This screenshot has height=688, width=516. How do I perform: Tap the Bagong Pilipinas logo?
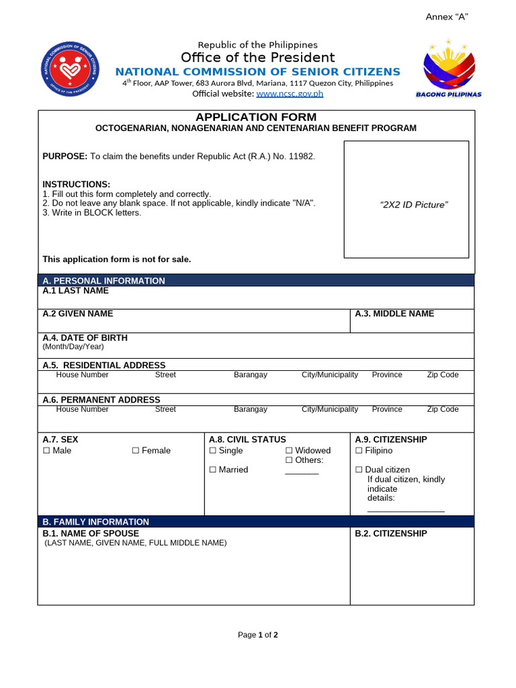(449, 69)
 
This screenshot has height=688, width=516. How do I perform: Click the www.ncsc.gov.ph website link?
(290, 93)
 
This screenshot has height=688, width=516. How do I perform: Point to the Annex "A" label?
(447, 17)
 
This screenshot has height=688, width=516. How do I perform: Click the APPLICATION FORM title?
(255, 118)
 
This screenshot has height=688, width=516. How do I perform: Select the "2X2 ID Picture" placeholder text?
(414, 205)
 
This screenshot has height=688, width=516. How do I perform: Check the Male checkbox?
(46, 451)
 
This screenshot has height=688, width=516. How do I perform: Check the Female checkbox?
(136, 451)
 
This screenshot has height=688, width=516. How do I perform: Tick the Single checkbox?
(213, 451)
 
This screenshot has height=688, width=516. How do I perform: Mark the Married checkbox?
(213, 470)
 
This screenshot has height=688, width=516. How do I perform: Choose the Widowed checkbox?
(289, 451)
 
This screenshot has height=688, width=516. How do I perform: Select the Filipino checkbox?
(359, 451)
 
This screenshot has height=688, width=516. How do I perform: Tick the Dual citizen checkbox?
(359, 470)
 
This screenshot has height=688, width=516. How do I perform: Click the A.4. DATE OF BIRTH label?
(85, 338)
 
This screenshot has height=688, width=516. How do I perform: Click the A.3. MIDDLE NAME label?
(394, 314)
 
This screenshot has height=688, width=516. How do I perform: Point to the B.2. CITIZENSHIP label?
(391, 533)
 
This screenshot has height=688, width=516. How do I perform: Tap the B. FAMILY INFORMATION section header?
(95, 522)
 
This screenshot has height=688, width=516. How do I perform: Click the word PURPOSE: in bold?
(65, 157)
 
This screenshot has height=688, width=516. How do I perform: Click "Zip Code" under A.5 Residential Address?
(443, 375)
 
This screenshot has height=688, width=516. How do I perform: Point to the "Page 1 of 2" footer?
(258, 635)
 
